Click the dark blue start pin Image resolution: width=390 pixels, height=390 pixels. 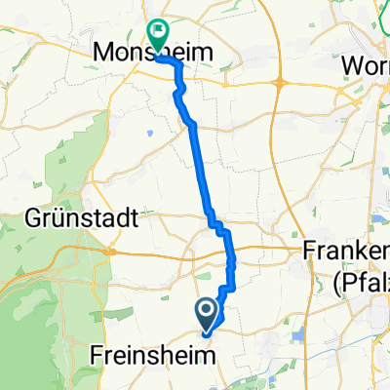[x=208, y=314]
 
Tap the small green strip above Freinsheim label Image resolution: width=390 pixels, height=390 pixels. [x=185, y=330]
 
